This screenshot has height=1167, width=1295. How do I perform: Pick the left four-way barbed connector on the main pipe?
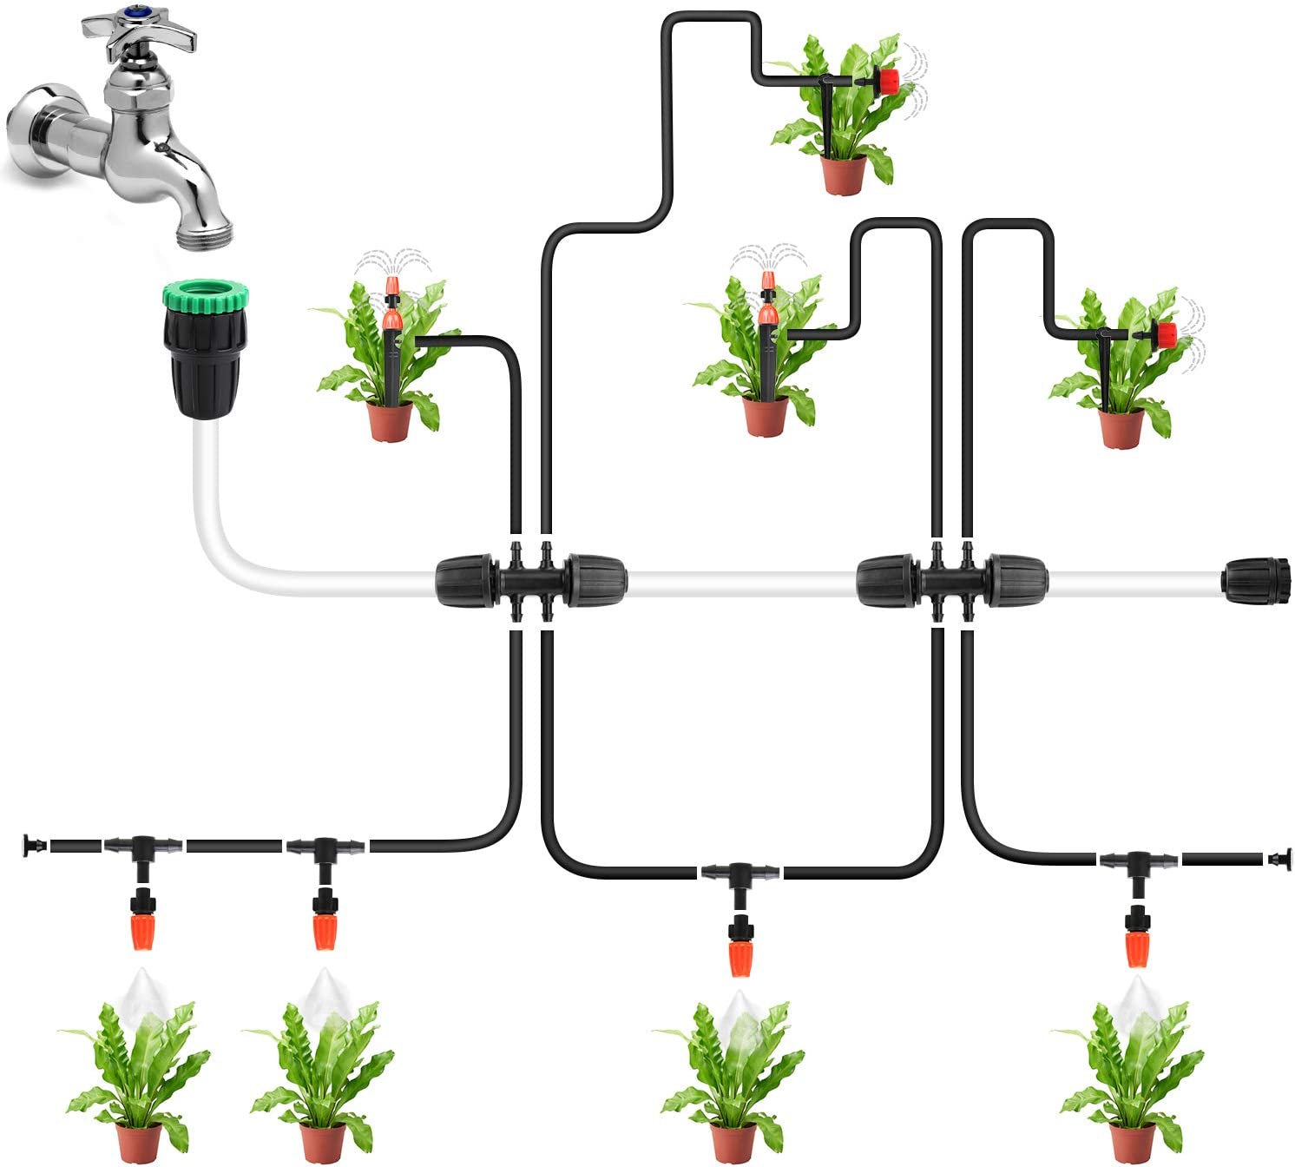(x=529, y=580)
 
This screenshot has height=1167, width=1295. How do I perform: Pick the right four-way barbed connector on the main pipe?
(x=951, y=580)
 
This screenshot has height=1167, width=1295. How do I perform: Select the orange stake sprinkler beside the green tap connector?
(x=391, y=308)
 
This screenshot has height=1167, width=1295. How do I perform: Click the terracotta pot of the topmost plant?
(x=844, y=174)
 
